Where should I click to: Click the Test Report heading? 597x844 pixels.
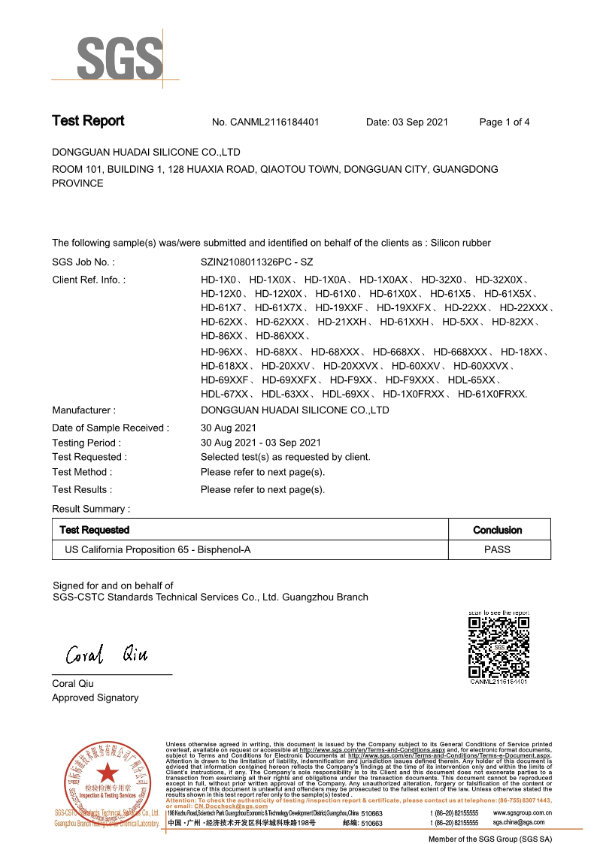pyautogui.click(x=88, y=121)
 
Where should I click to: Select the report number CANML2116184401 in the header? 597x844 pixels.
pyautogui.click(x=276, y=122)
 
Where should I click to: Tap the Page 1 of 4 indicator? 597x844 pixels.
pyautogui.click(x=505, y=122)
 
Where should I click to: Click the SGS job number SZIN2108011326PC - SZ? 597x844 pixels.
pyautogui.click(x=257, y=262)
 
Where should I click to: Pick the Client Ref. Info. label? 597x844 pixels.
pyautogui.click(x=89, y=280)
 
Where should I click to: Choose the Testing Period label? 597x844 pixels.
pyautogui.click(x=86, y=443)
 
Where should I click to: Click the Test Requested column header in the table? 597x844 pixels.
pyautogui.click(x=95, y=530)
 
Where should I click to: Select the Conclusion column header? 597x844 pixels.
pyautogui.click(x=497, y=530)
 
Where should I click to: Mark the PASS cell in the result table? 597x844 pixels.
pyautogui.click(x=497, y=549)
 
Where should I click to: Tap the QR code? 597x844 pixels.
pyautogui.click(x=499, y=646)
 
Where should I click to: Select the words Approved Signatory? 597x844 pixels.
pyautogui.click(x=95, y=697)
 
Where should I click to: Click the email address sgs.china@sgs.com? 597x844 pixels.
pyautogui.click(x=519, y=822)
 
